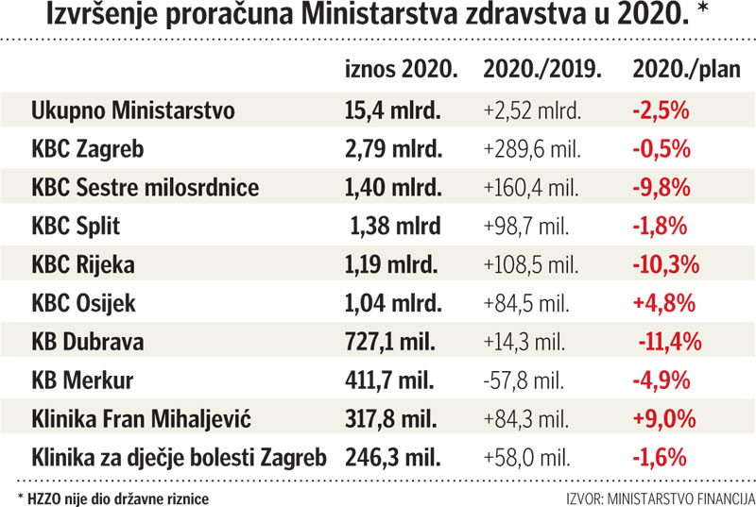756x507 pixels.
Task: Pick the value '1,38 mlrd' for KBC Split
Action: (x=397, y=227)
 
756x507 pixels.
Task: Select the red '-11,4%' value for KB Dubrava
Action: (x=668, y=343)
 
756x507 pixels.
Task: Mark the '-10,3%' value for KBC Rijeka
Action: (x=666, y=265)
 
